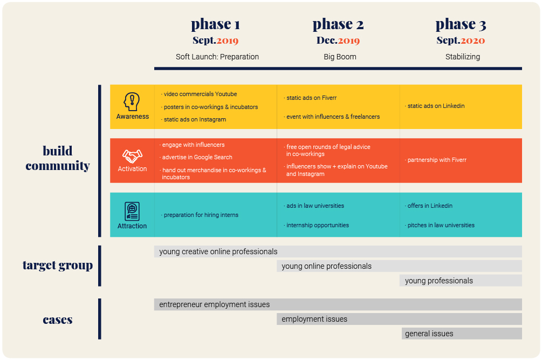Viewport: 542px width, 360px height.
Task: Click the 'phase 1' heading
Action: (x=215, y=24)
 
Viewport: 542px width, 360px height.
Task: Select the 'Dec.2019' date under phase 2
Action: (x=338, y=40)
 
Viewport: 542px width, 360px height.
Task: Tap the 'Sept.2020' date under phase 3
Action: (x=461, y=40)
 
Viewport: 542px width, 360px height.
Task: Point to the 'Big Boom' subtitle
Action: (x=340, y=57)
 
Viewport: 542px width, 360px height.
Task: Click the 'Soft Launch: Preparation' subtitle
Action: (x=217, y=57)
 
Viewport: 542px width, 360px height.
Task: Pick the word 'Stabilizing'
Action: (x=462, y=57)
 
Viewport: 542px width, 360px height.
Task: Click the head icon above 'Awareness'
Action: (x=132, y=101)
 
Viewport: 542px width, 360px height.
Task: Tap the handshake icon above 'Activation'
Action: (x=132, y=156)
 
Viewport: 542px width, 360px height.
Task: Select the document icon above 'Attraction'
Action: (x=132, y=210)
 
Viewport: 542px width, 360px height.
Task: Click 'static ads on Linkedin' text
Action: (x=436, y=106)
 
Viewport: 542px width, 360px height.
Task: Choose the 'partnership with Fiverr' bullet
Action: (x=437, y=160)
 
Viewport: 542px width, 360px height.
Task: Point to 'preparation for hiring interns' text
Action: (x=201, y=215)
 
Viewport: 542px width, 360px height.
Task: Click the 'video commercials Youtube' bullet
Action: (x=200, y=94)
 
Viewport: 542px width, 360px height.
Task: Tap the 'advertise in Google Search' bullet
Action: (x=197, y=158)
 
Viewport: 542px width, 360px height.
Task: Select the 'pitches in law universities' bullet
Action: (x=441, y=225)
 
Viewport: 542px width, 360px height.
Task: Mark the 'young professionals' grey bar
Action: (x=461, y=281)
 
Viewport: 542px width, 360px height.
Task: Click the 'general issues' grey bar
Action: (x=462, y=334)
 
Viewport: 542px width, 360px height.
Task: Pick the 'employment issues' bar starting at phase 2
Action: (x=399, y=319)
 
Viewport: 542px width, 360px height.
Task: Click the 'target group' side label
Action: (x=58, y=266)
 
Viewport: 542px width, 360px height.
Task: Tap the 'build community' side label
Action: (x=58, y=158)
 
